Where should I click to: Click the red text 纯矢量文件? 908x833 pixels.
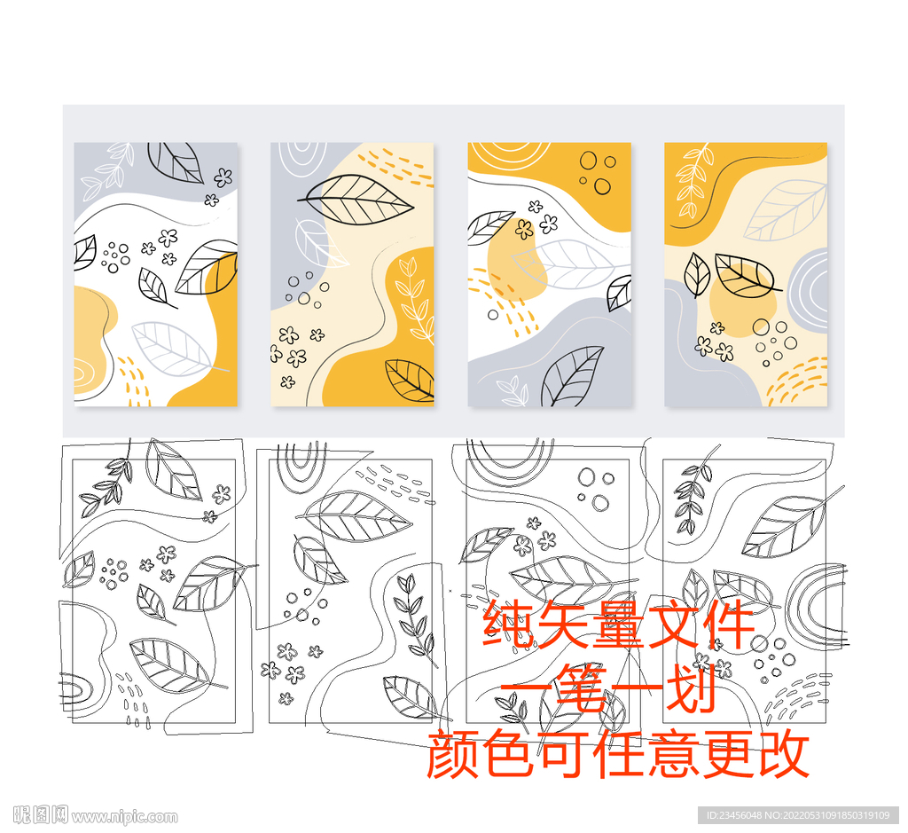click(618, 625)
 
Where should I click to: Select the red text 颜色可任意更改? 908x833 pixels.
click(618, 754)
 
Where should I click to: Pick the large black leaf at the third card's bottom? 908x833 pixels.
click(571, 375)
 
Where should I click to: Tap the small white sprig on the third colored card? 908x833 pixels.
click(512, 389)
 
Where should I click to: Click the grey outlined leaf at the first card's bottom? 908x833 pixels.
click(174, 349)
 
